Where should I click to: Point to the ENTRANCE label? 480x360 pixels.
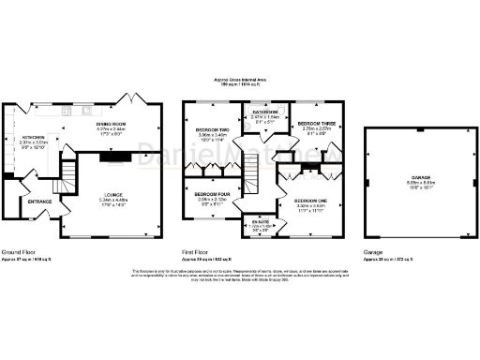pos(39,201)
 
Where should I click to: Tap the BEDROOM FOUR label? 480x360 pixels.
pos(214,193)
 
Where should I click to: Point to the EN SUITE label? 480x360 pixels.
pos(257,221)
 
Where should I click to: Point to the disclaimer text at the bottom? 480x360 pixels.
pos(240,275)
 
